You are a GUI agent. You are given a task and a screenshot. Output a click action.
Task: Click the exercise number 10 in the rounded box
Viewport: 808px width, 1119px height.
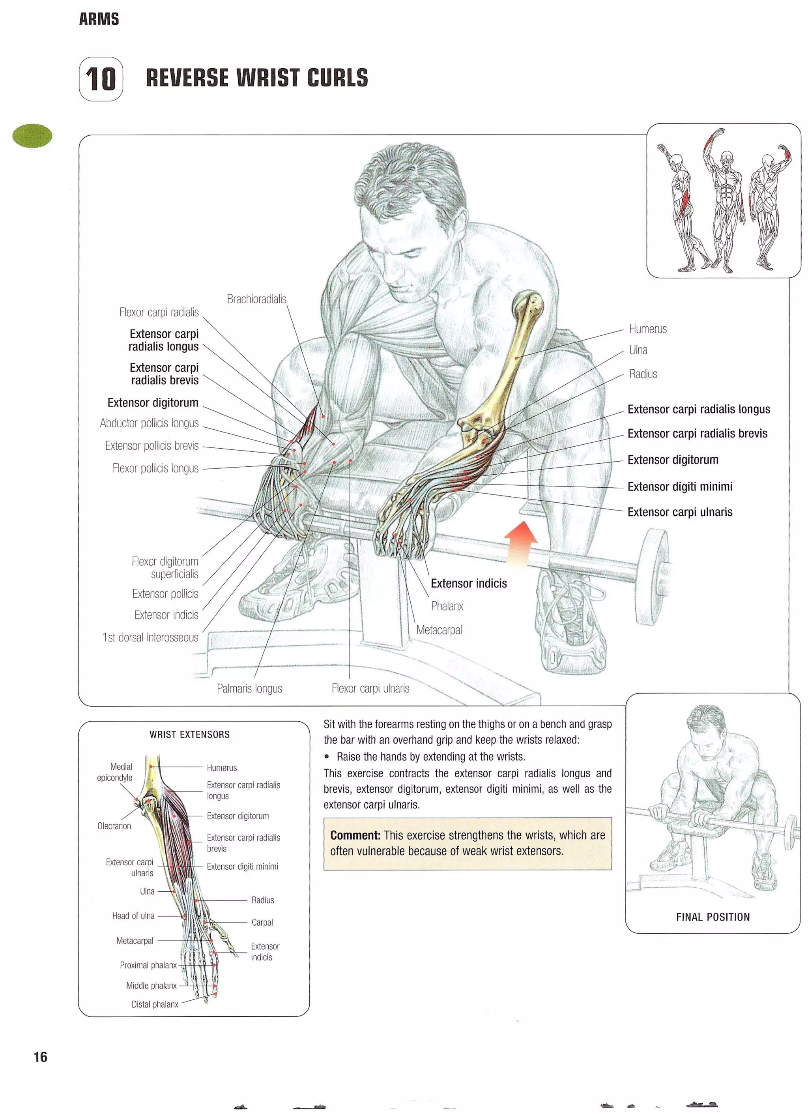point(101,79)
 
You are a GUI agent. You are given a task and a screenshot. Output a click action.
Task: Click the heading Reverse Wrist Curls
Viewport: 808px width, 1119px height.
point(256,78)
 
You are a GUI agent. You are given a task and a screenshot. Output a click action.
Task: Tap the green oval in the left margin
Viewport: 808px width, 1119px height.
point(32,136)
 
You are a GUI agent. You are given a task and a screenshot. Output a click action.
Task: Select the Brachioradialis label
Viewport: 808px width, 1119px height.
point(256,299)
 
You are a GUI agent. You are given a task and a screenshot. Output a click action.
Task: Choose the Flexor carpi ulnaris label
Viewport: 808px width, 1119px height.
point(370,688)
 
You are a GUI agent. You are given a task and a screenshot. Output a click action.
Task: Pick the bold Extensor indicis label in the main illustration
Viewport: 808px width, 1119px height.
point(468,583)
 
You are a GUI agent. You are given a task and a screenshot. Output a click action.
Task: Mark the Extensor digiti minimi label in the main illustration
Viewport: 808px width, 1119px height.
point(679,487)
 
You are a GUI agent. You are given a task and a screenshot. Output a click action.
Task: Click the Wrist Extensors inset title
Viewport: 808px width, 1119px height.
point(189,734)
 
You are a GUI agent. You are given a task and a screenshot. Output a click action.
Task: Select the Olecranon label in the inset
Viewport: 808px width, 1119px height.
point(114,825)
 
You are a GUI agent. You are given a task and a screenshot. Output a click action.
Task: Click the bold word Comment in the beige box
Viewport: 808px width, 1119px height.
point(355,835)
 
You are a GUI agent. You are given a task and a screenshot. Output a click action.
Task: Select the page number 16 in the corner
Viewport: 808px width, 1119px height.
point(41,1056)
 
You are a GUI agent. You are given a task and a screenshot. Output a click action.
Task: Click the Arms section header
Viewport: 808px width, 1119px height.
point(99,19)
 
